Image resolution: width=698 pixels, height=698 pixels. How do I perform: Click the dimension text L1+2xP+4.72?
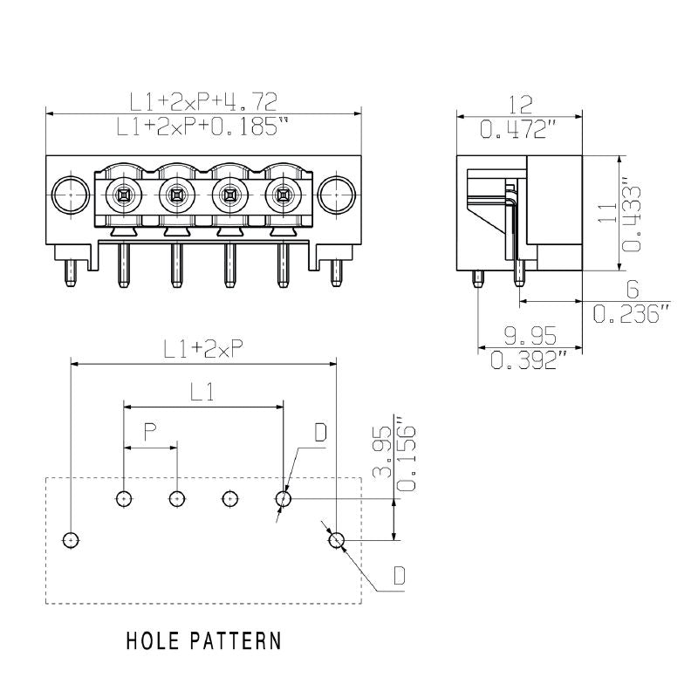coord(203,102)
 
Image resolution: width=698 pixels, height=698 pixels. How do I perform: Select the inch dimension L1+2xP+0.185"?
coord(203,127)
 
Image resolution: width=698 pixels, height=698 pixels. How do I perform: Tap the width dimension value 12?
coord(520,105)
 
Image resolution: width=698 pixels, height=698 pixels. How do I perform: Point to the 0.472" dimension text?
coord(520,130)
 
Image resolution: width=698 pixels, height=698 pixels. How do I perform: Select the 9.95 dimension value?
coord(530,334)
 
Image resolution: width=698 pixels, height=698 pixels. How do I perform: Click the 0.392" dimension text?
coord(530,359)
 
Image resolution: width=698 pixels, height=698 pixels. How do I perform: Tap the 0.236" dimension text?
coord(633,313)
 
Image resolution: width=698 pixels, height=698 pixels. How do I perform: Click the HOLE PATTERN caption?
coord(204,641)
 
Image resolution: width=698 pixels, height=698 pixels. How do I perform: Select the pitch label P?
coord(150,431)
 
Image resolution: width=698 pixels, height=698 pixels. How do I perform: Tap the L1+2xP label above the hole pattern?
coord(203,348)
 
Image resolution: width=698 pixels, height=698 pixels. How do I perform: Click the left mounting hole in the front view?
coord(68,195)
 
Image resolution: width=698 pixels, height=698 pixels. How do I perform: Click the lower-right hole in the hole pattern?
coord(337,541)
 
